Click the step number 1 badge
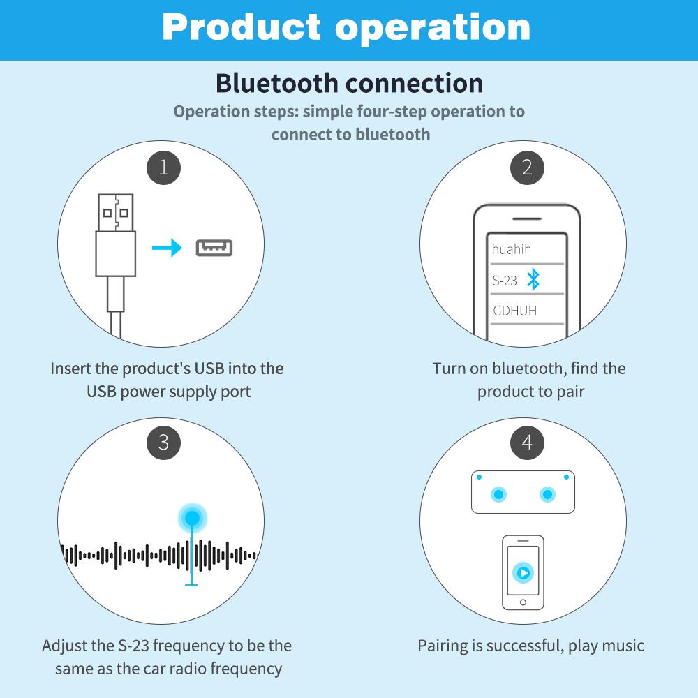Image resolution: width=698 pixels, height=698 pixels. (163, 168)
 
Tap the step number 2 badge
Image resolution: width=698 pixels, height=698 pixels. (527, 168)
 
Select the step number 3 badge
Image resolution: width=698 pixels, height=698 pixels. (163, 442)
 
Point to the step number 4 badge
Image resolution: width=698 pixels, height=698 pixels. (527, 442)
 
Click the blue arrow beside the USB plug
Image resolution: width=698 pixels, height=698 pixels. (167, 248)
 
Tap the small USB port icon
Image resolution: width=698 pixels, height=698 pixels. (214, 248)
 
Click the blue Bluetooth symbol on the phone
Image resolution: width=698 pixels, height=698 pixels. (533, 280)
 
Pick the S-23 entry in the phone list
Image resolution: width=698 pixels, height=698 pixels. (505, 281)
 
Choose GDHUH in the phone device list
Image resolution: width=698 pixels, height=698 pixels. (515, 311)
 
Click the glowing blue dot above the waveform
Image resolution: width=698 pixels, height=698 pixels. (192, 518)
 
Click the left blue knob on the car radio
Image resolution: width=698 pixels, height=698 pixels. (498, 495)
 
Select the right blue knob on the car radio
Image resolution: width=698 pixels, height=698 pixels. (548, 495)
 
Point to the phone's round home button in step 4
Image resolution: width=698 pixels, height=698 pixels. (523, 601)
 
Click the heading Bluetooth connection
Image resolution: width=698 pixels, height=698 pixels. (349, 82)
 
